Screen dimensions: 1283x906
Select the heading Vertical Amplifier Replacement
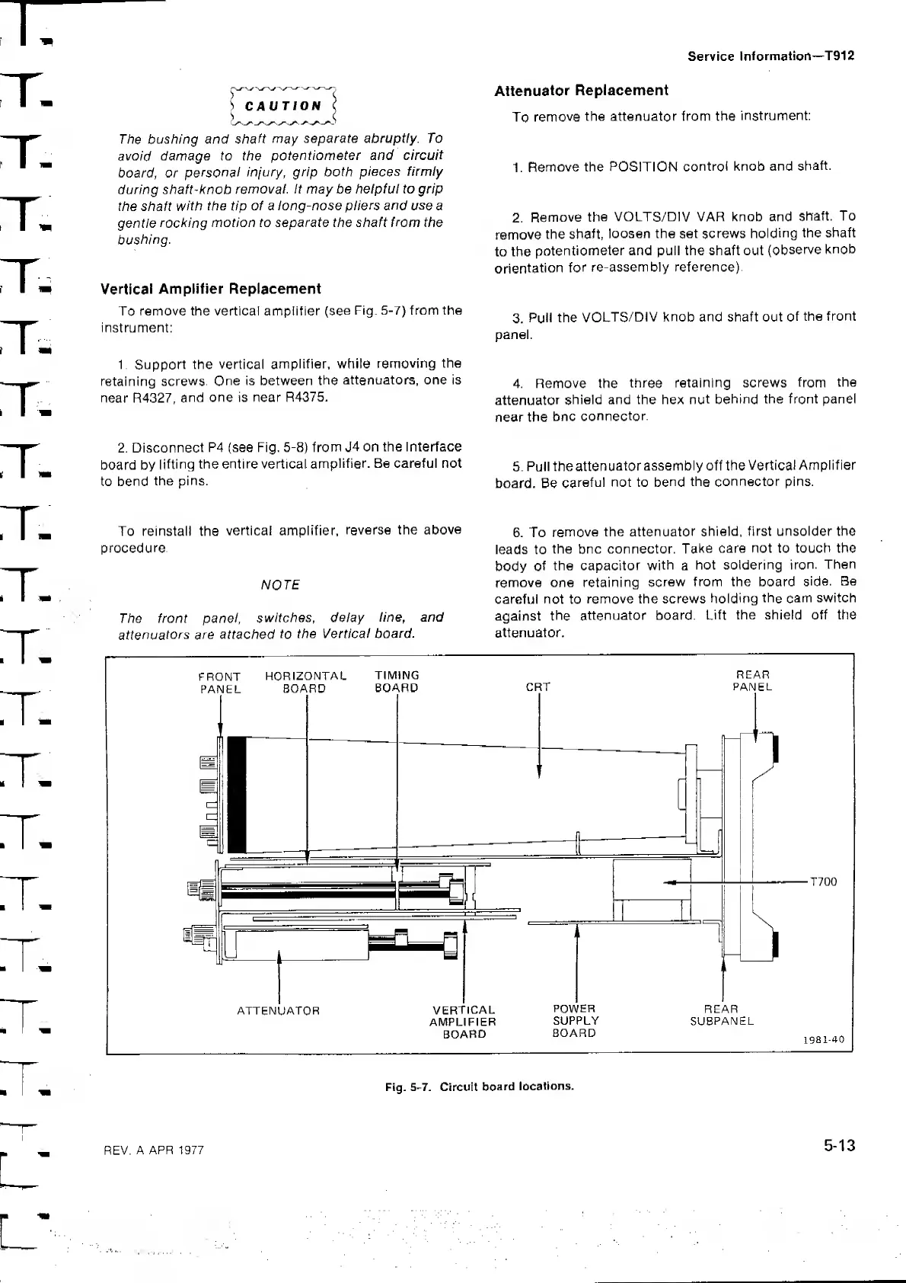pyautogui.click(x=211, y=289)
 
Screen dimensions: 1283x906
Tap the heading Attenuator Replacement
pyautogui.click(x=581, y=91)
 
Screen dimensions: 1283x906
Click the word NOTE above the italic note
pyautogui.click(x=280, y=585)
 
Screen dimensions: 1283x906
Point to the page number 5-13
pyautogui.click(x=839, y=1146)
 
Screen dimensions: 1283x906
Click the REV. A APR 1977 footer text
pyautogui.click(x=154, y=1150)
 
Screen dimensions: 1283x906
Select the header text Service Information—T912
pyautogui.click(x=770, y=56)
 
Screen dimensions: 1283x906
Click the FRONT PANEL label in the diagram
pyautogui.click(x=220, y=683)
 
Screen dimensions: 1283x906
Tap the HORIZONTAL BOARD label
pyautogui.click(x=305, y=682)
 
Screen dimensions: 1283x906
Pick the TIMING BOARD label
pyautogui.click(x=397, y=681)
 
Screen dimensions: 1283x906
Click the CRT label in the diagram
pyautogui.click(x=538, y=687)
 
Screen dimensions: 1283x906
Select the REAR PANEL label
pyautogui.click(x=752, y=680)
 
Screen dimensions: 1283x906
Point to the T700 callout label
pyautogui.click(x=823, y=882)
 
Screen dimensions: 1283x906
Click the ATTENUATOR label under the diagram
pyautogui.click(x=278, y=1011)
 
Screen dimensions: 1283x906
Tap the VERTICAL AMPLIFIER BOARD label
pyautogui.click(x=463, y=1022)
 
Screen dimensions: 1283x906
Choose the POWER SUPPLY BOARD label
pyautogui.click(x=575, y=1021)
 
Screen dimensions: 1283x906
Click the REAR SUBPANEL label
pyautogui.click(x=721, y=1015)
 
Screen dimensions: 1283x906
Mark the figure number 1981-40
pyautogui.click(x=825, y=1039)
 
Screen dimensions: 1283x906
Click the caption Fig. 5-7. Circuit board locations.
pyautogui.click(x=479, y=1086)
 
